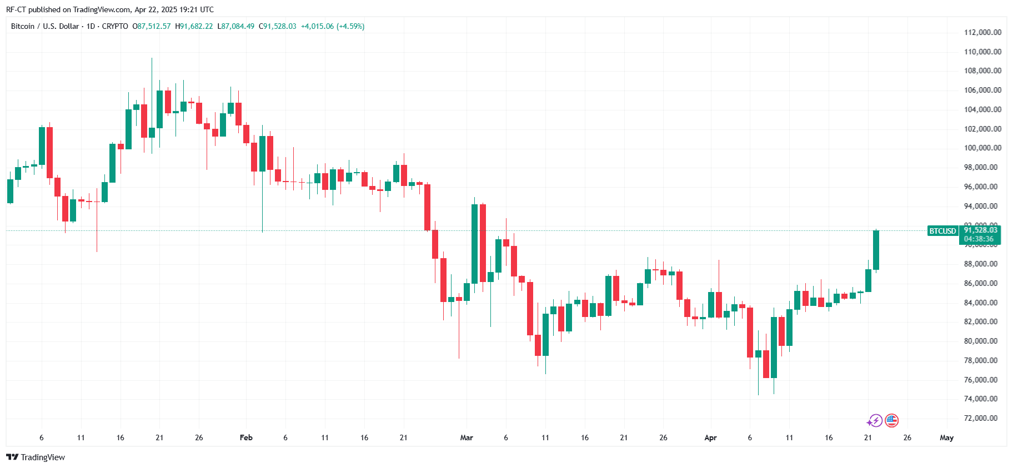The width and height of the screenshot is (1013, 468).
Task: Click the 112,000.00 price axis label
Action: pos(982,32)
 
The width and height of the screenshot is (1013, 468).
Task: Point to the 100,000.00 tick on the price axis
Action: pos(982,148)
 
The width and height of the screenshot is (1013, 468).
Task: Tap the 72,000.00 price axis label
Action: pos(982,418)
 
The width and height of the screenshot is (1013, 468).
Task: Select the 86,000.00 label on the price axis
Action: pos(982,283)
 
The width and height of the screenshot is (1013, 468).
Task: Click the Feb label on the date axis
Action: pos(246,437)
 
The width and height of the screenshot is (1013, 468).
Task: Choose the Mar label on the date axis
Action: pos(467,437)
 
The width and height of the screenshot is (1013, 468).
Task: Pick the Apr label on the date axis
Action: pos(710,437)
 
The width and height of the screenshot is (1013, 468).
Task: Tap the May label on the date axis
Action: pos(946,437)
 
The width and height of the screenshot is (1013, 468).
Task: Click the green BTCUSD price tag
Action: pos(942,231)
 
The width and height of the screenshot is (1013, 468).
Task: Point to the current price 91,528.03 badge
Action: pos(980,230)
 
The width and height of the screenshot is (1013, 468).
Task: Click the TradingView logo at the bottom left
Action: pos(36,457)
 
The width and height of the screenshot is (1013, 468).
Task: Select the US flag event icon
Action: pos(891,420)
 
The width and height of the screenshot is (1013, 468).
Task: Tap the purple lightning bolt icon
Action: pos(876,420)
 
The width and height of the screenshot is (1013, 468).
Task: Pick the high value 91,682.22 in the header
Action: pos(196,26)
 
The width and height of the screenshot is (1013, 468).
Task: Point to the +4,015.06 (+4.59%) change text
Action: pos(333,26)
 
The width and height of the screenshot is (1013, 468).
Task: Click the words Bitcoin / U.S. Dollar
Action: pos(45,26)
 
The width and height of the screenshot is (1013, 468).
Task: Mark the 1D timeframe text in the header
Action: pos(91,26)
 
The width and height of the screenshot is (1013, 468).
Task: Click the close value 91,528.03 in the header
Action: pos(280,26)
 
